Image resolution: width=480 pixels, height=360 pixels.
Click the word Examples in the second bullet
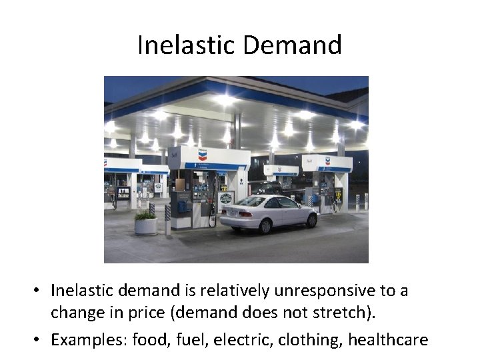(x=89, y=339)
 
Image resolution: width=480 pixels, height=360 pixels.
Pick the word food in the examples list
(x=150, y=339)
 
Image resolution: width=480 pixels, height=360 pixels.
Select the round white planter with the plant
(x=146, y=225)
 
